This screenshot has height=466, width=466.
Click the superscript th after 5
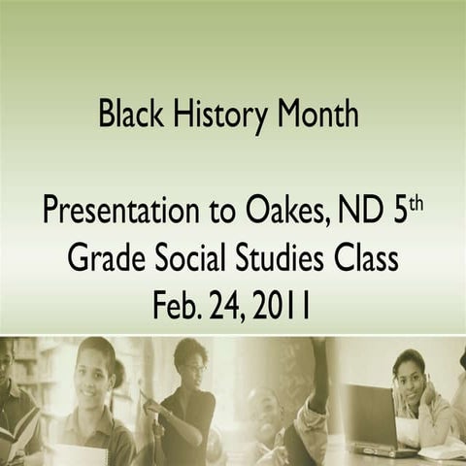pyautogui.click(x=416, y=203)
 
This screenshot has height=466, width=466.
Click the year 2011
pyautogui.click(x=284, y=308)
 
